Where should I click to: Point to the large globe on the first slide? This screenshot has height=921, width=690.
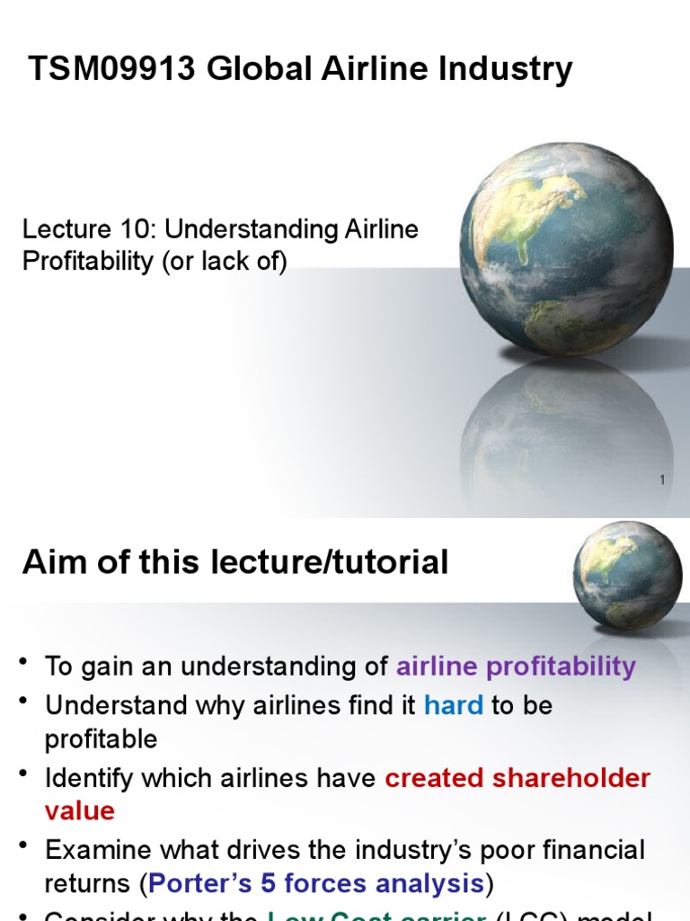(566, 249)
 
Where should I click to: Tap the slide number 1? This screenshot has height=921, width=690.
(662, 480)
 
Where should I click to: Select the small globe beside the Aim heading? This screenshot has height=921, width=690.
(627, 575)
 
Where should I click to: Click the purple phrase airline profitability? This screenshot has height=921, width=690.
(516, 666)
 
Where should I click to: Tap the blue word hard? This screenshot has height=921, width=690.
(453, 705)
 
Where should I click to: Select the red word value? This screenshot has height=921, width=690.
(80, 811)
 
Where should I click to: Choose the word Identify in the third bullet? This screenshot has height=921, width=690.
(89, 778)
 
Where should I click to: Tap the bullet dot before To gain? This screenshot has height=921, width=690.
(23, 664)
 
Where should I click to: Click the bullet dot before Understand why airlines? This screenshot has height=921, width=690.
(23, 702)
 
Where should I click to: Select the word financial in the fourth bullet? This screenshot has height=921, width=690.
(587, 850)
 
